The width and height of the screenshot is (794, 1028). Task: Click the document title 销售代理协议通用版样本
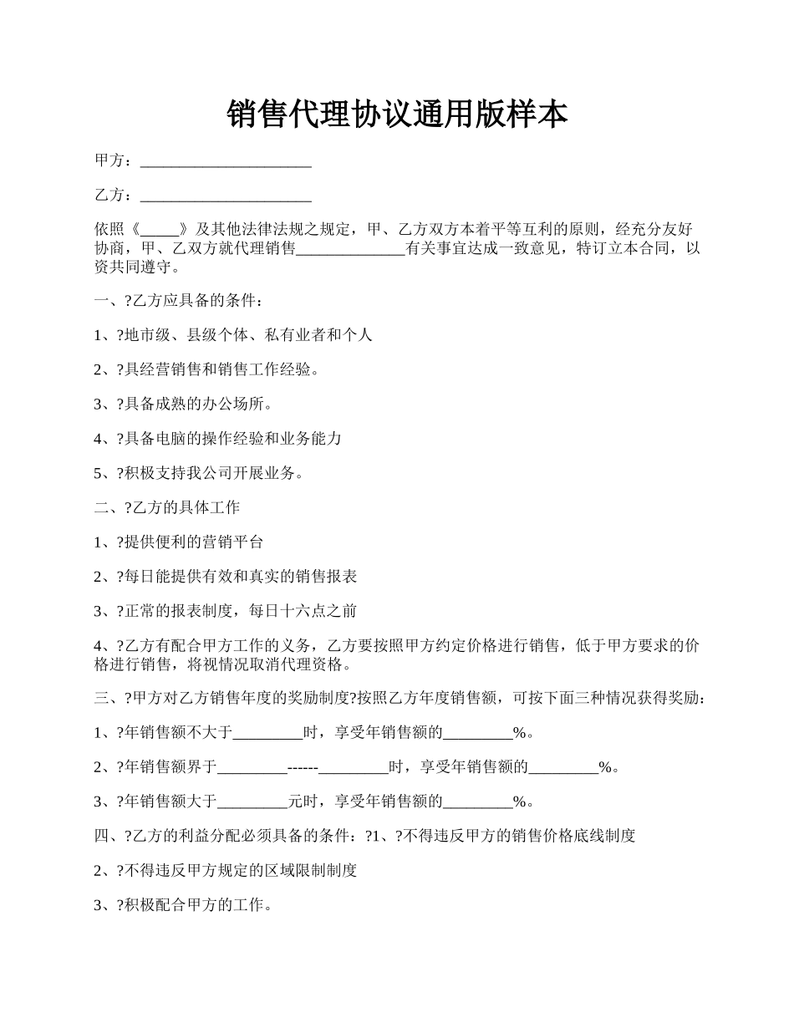[397, 114]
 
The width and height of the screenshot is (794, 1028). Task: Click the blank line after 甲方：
[226, 161]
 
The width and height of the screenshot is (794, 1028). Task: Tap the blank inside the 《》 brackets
[161, 229]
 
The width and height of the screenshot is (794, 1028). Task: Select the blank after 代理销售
[350, 249]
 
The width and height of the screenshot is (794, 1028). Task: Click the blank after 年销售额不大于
[267, 734]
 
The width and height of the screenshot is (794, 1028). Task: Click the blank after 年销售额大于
[252, 802]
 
